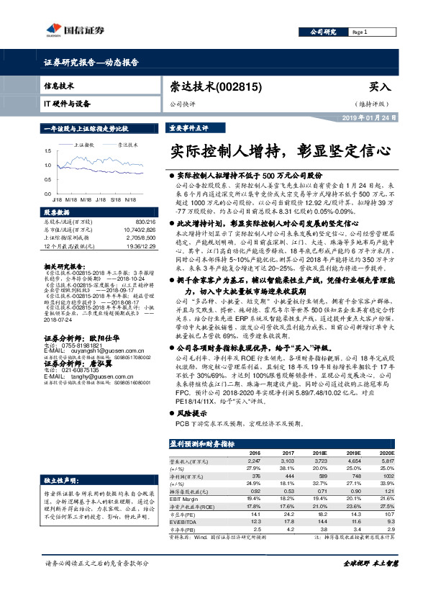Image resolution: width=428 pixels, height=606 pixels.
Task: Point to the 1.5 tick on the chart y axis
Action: pyautogui.click(x=47, y=151)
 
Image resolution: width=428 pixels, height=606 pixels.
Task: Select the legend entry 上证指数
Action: pyautogui.click(x=86, y=145)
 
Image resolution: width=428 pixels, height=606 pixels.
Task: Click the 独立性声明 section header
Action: pyautogui.click(x=60, y=479)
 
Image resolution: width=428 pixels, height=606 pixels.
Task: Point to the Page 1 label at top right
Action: pyautogui.click(x=361, y=32)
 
